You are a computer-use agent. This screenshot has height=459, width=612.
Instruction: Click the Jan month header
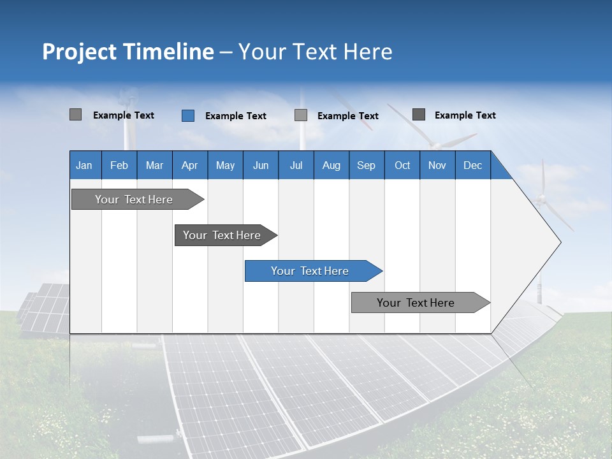pyautogui.click(x=84, y=165)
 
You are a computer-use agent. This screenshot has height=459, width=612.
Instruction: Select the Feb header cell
pyautogui.click(x=119, y=165)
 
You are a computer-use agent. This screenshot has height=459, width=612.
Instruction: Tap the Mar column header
pyautogui.click(x=154, y=165)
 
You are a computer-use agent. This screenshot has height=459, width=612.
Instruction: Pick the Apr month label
pyautogui.click(x=189, y=165)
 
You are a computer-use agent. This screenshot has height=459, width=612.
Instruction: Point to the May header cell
pyautogui.click(x=225, y=165)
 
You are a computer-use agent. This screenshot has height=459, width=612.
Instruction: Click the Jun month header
pyautogui.click(x=261, y=165)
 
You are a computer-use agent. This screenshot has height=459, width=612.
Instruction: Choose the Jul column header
pyautogui.click(x=296, y=165)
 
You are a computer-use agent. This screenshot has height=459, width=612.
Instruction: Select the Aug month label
pyautogui.click(x=331, y=165)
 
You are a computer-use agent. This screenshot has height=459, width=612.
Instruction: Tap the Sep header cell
pyautogui.click(x=366, y=165)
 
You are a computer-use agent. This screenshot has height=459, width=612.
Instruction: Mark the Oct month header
pyautogui.click(x=402, y=165)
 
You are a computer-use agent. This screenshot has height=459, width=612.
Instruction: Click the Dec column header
pyautogui.click(x=472, y=165)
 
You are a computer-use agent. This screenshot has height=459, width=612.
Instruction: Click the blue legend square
pyautogui.click(x=188, y=115)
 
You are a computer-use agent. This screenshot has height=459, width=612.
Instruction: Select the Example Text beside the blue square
pyautogui.click(x=236, y=116)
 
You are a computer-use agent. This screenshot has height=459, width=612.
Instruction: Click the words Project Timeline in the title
pyautogui.click(x=128, y=52)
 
